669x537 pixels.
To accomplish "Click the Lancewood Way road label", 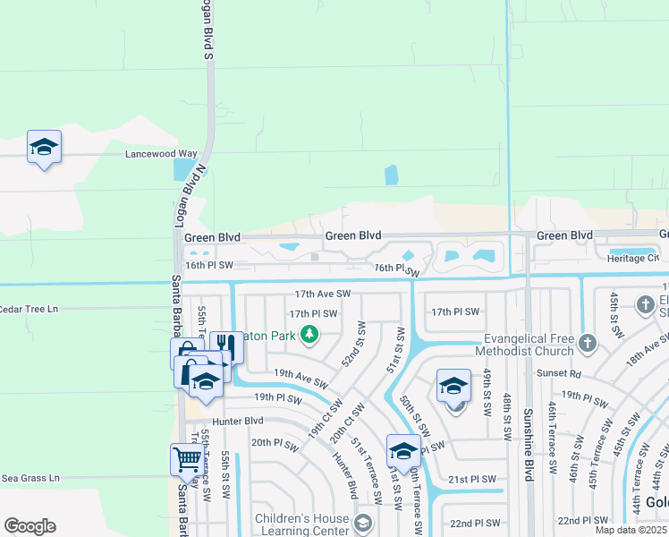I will (x=161, y=154).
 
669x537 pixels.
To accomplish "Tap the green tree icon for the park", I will (x=309, y=335).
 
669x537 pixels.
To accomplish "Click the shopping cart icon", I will (x=186, y=459).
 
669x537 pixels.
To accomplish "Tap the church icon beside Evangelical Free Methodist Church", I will (x=587, y=343).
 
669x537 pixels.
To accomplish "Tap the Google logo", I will (x=30, y=526).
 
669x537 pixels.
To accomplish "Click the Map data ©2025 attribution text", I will (x=631, y=531).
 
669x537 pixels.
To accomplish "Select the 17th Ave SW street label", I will (x=323, y=294).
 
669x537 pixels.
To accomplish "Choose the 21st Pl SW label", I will (x=472, y=480).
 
